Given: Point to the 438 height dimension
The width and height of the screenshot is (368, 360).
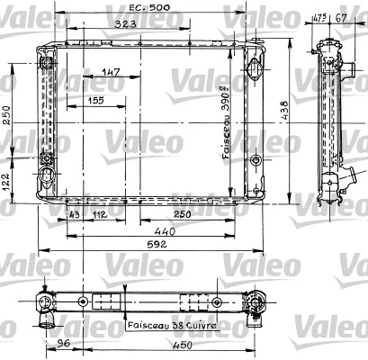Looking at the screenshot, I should point(284,111).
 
